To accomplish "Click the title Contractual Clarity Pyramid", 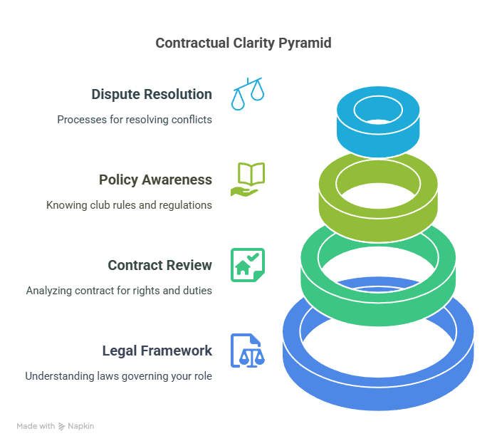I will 243,43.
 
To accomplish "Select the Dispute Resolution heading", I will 151,94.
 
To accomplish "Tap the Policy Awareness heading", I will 155,180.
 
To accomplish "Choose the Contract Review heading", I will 159,265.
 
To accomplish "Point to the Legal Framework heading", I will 157,351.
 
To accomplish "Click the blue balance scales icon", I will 247,94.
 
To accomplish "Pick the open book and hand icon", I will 247,180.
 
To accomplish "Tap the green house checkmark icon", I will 248,264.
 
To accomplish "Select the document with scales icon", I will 247,351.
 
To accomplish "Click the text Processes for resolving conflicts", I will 135,120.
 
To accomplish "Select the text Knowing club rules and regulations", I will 129,205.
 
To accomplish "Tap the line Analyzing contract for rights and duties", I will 119,291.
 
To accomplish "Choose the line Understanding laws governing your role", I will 118,375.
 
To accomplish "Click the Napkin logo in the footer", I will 76,426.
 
